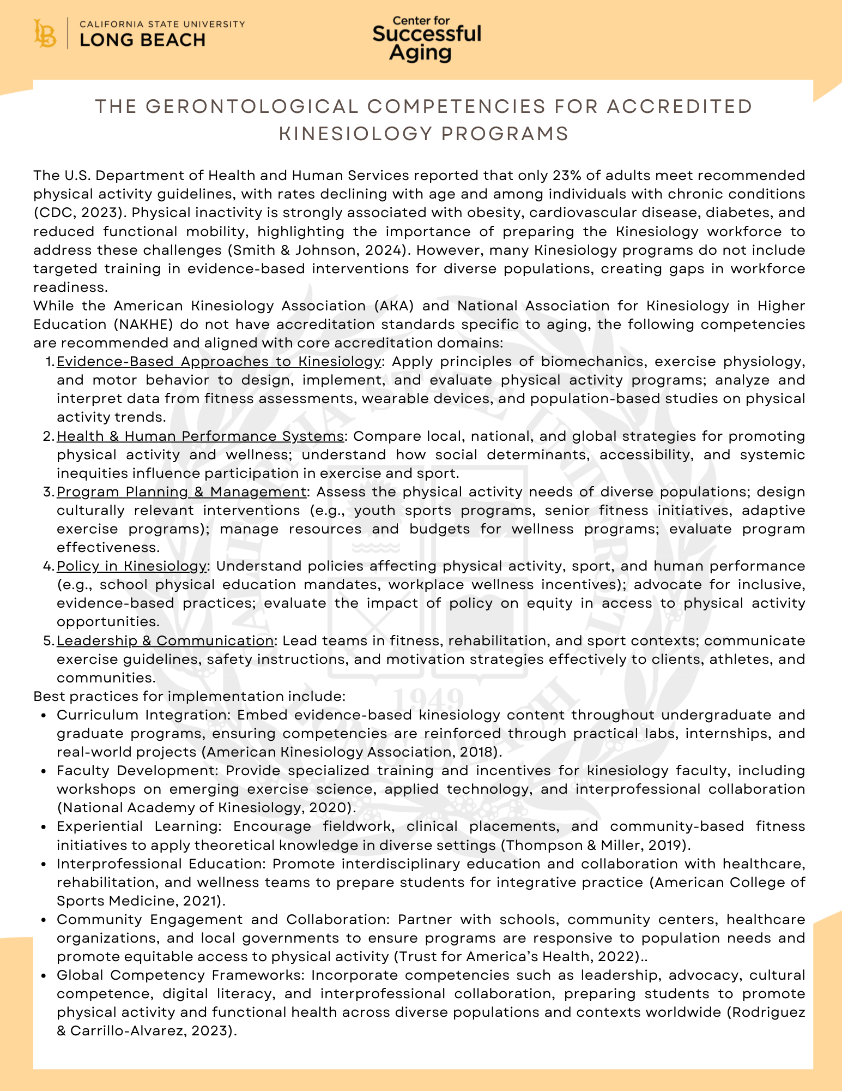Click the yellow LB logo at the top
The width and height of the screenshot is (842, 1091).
point(45,33)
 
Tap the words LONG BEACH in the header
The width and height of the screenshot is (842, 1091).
point(142,40)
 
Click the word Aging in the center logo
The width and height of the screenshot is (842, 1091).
point(421,53)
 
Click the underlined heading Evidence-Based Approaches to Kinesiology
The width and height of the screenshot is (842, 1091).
point(219,361)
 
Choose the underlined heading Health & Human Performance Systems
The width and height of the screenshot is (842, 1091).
point(200,436)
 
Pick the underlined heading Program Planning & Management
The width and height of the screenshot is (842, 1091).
point(181,491)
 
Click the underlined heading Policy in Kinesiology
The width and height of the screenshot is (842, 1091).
point(132,566)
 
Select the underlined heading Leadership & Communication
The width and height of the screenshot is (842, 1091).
point(165,640)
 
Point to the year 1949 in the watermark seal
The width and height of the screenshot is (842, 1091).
point(428,699)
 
